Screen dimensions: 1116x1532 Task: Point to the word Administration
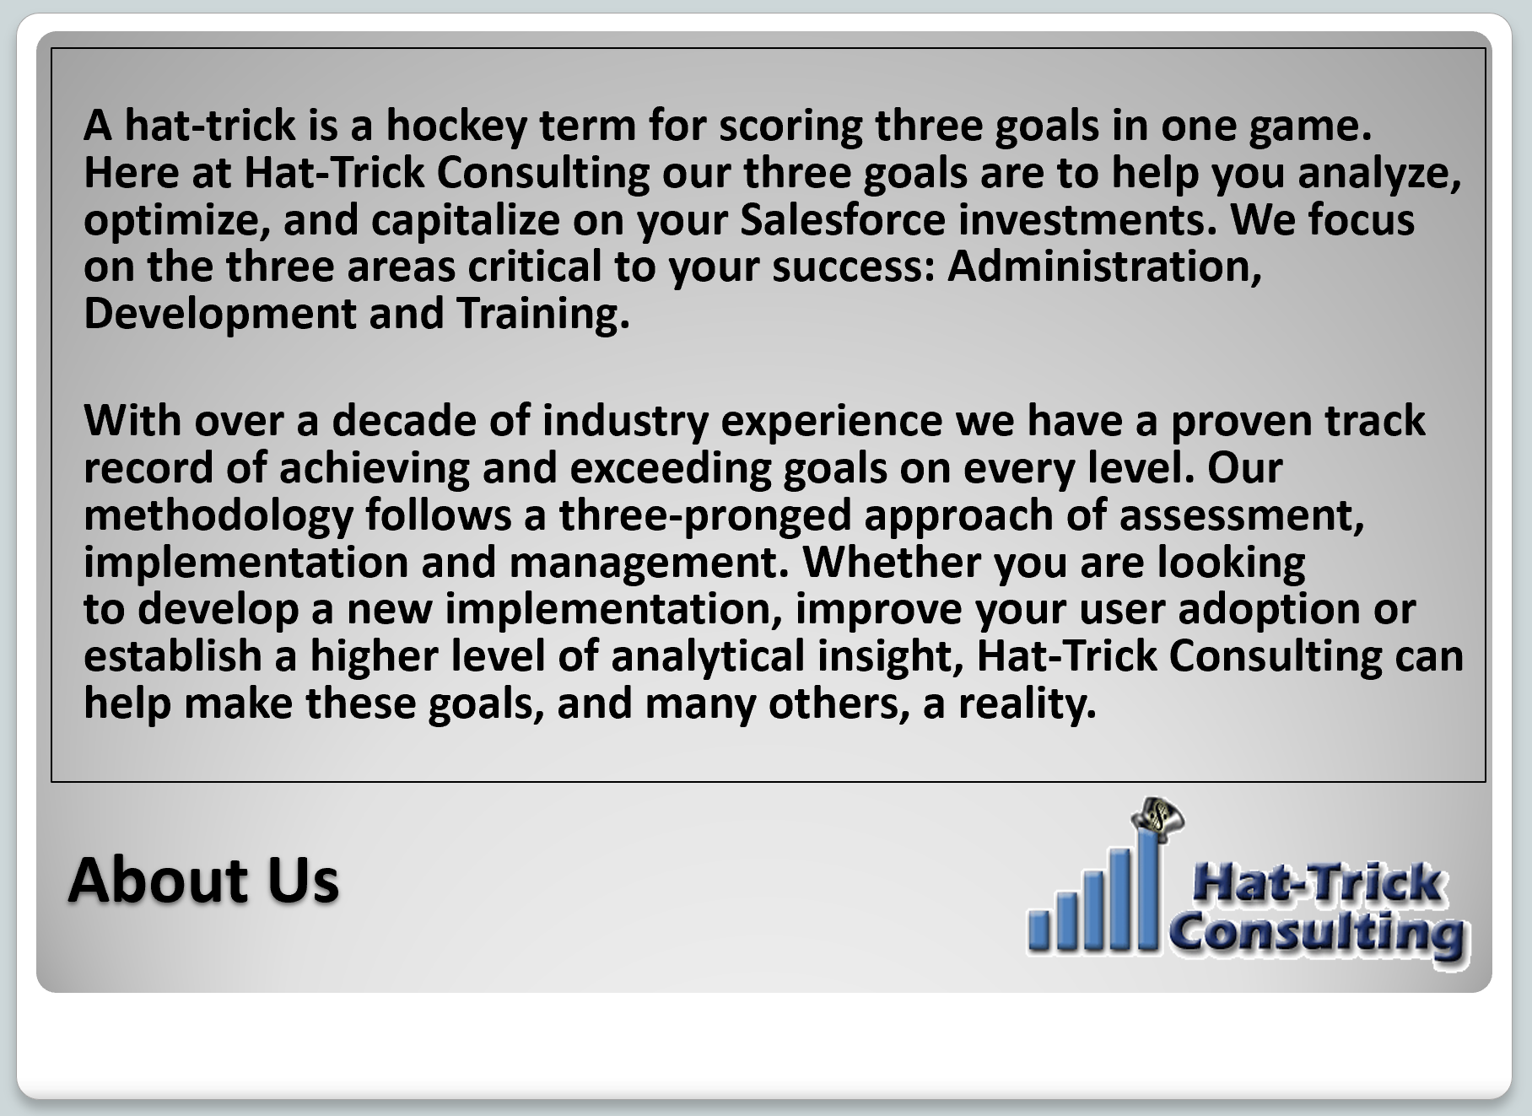(1105, 267)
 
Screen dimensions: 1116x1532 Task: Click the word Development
(220, 314)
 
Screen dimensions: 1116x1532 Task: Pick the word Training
(543, 314)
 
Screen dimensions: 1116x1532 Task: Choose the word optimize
(176, 220)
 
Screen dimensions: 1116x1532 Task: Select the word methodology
(218, 515)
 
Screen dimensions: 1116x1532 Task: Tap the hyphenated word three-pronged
(704, 515)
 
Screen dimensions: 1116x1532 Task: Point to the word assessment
(1241, 515)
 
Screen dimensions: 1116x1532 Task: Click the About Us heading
(203, 879)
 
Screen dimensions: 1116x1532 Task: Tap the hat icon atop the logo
(1158, 817)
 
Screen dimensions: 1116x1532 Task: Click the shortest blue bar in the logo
(1039, 929)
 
